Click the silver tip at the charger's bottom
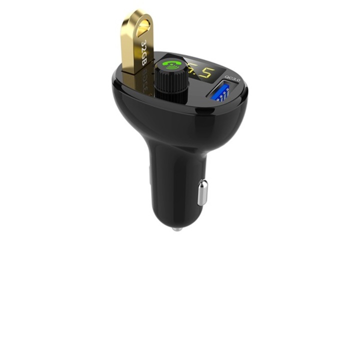coord(176,228)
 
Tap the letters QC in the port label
coord(229,77)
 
